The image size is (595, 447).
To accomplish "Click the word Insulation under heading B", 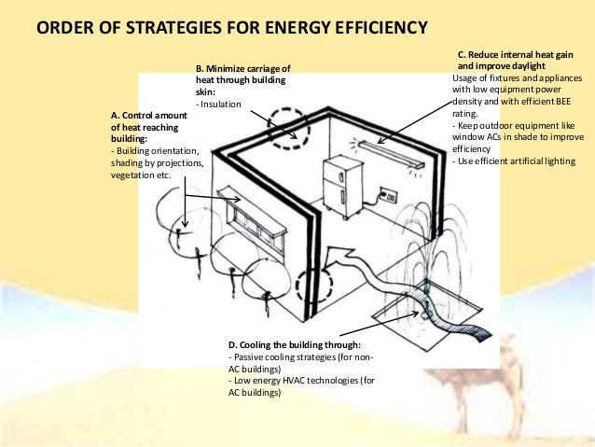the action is pyautogui.click(x=220, y=105).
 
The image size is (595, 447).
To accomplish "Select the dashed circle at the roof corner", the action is pyautogui.click(x=287, y=126).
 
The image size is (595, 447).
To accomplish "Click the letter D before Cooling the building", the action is pyautogui.click(x=231, y=345).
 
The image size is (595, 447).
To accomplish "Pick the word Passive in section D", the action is pyautogui.click(x=248, y=356).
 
